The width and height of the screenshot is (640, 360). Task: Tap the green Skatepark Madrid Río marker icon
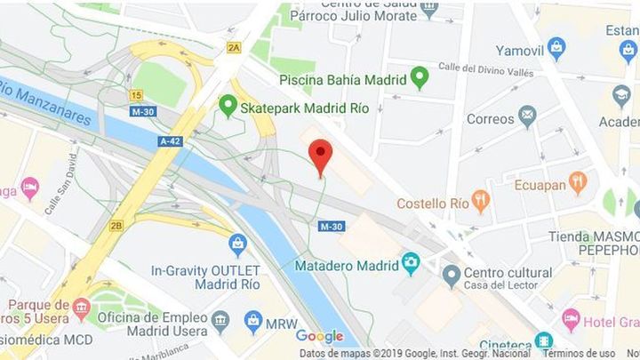pyautogui.click(x=228, y=107)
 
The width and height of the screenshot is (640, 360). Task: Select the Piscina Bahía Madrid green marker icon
pyautogui.click(x=420, y=77)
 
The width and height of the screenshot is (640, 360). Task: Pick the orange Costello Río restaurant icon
pyautogui.click(x=481, y=202)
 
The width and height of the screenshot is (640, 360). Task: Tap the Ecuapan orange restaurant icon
pyautogui.click(x=578, y=183)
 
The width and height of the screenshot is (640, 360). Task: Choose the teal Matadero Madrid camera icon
pyautogui.click(x=410, y=263)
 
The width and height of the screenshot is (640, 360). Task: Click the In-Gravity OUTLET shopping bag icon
pyautogui.click(x=237, y=244)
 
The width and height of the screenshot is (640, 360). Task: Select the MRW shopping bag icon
pyautogui.click(x=253, y=320)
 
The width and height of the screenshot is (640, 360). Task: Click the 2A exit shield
pyautogui.click(x=234, y=47)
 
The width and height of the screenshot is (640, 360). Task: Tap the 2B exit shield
pyautogui.click(x=116, y=226)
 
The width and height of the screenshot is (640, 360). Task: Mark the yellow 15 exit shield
pyautogui.click(x=136, y=94)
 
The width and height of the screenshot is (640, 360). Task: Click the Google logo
pyautogui.click(x=319, y=336)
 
